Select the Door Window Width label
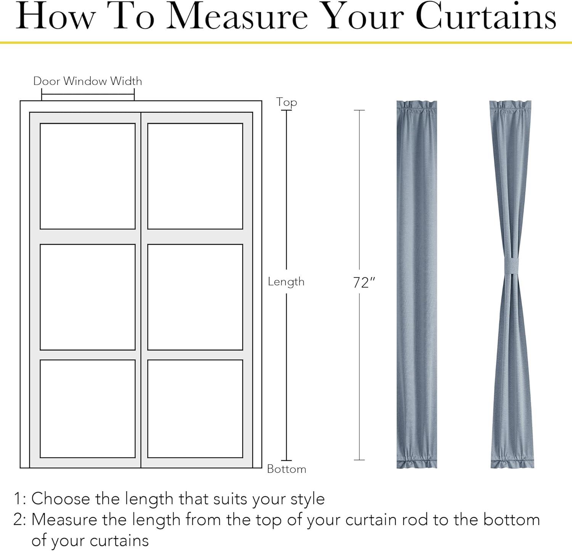(88, 81)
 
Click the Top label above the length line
(286, 103)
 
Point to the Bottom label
(287, 469)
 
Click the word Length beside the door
(286, 282)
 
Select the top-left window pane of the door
(88, 176)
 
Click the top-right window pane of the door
(195, 176)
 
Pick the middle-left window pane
(88, 297)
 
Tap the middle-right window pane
(195, 297)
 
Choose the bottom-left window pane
(88, 408)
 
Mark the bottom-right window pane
(195, 408)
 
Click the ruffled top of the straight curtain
(417, 107)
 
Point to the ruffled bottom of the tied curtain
(511, 461)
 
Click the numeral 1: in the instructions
(20, 499)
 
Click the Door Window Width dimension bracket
(88, 95)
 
